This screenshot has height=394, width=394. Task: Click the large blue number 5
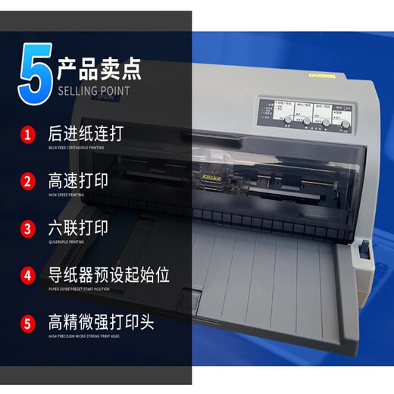35,74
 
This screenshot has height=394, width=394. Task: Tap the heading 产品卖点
99,70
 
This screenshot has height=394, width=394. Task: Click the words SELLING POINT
94,91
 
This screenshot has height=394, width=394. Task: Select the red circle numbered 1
28,136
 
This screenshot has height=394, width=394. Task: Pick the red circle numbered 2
28,181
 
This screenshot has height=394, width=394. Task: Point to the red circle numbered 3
28,228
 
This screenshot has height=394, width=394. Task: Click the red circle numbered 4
28,275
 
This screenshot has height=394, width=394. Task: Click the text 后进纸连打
85,134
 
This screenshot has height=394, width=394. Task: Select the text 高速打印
77,180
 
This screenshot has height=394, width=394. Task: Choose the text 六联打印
77,227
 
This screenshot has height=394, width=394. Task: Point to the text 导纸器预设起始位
109,274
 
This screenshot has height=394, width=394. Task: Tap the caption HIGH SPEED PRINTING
66,195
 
